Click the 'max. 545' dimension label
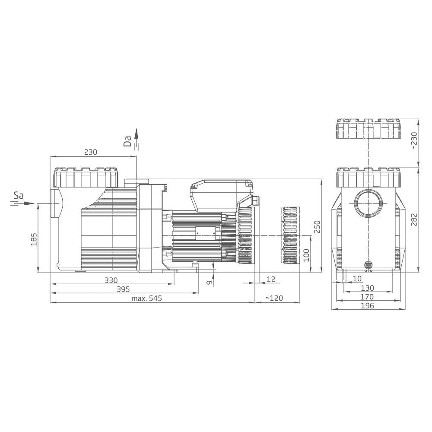coord(147,298)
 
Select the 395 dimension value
coord(123,289)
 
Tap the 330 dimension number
coord(111,280)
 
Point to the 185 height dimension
coord(34,239)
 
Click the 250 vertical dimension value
coord(318,226)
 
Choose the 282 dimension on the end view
coord(414,219)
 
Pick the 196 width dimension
coord(368,305)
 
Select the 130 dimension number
coord(368,288)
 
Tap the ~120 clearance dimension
coord(274,298)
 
